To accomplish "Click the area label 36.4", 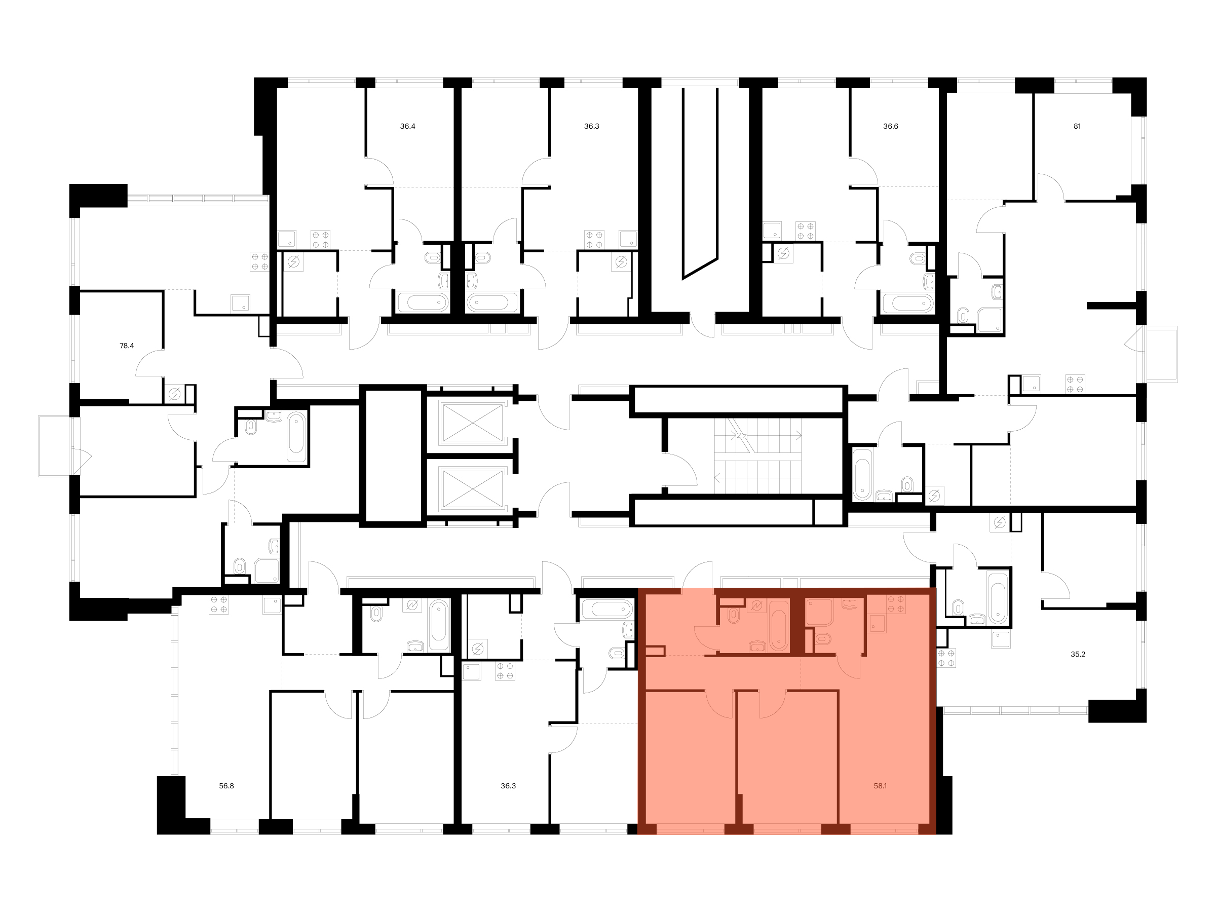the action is tap(407, 127).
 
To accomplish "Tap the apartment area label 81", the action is tap(1077, 127).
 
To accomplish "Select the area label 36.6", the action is tap(891, 127).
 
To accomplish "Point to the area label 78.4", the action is tap(127, 346).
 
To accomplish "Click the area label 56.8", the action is tap(226, 786).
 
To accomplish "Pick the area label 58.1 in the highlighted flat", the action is tap(880, 786).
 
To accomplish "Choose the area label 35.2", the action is tap(1078, 654).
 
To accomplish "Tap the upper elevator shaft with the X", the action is tap(473, 422).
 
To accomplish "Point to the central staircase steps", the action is tap(758, 455).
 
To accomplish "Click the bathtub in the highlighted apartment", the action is tap(778, 625).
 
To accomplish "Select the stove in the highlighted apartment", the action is tap(896, 604).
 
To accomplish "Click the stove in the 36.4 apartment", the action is tap(321, 240).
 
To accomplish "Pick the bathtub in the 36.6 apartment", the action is tap(908, 303).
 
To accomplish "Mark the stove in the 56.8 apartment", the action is tap(219, 604).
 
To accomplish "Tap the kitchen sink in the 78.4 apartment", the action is tap(240, 303).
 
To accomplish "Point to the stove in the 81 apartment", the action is tap(1075, 384).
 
